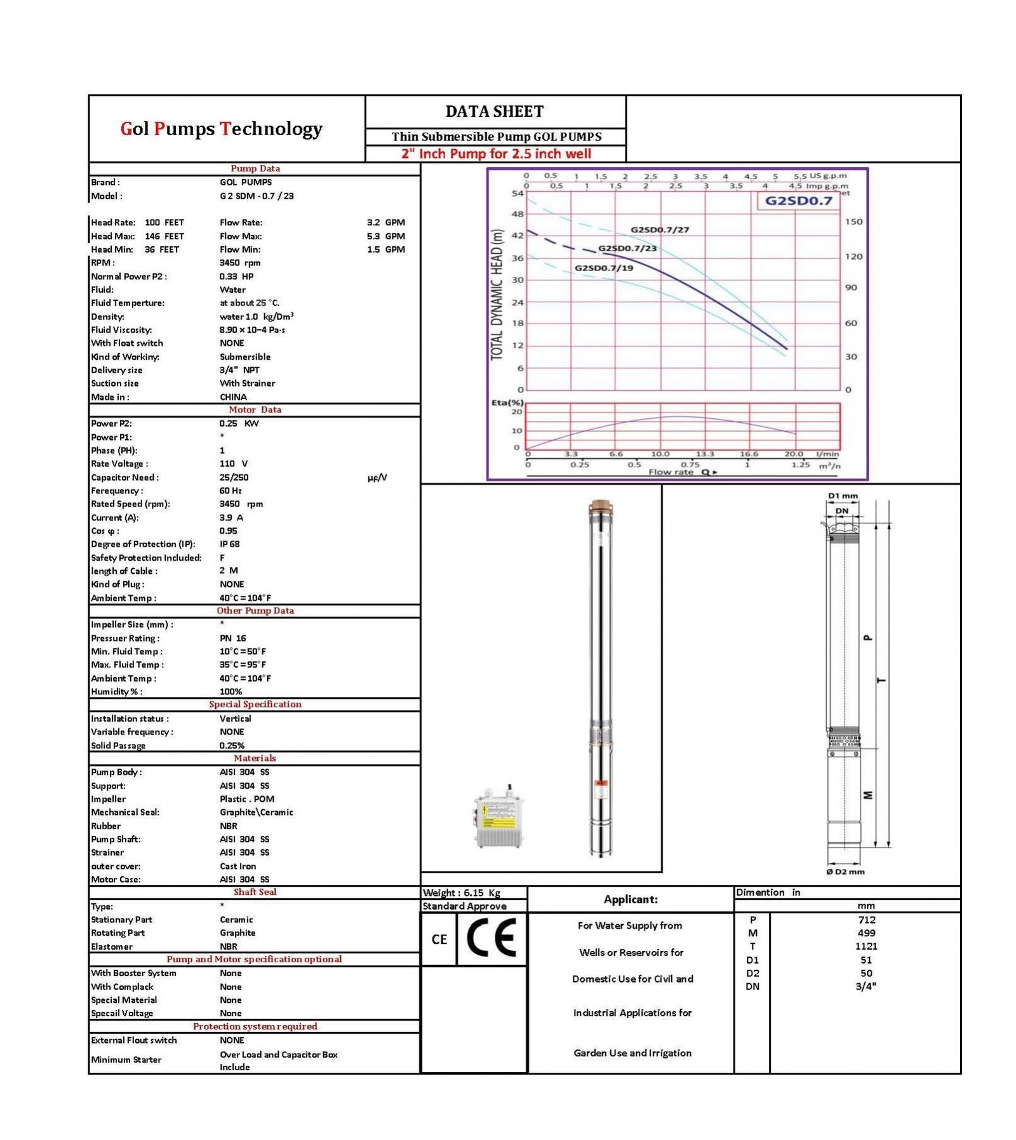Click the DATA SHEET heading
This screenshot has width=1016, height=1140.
click(494, 112)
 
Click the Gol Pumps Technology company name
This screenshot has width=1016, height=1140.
click(221, 129)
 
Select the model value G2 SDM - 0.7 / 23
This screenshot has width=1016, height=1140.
click(257, 196)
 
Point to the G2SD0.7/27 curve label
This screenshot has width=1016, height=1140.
click(659, 230)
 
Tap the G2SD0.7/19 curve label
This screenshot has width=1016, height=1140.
click(603, 268)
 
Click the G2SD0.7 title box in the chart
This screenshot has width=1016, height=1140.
click(798, 201)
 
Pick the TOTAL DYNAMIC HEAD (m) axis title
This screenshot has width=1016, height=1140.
click(497, 295)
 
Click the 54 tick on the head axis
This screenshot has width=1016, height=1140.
click(518, 193)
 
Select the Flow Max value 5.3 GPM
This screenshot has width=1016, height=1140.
click(385, 236)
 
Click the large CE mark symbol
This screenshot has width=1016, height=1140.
click(491, 938)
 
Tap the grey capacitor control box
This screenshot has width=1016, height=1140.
click(499, 818)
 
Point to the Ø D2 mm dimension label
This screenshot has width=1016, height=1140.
click(845, 872)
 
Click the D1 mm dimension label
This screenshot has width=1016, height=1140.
click(842, 496)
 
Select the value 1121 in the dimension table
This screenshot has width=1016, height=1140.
click(866, 946)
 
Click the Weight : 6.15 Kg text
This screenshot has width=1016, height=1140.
click(462, 892)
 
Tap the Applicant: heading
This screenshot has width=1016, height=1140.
click(630, 899)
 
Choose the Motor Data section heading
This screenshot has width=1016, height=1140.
click(255, 410)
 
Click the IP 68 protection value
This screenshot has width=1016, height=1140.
click(229, 544)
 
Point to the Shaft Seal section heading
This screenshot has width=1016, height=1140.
click(255, 892)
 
